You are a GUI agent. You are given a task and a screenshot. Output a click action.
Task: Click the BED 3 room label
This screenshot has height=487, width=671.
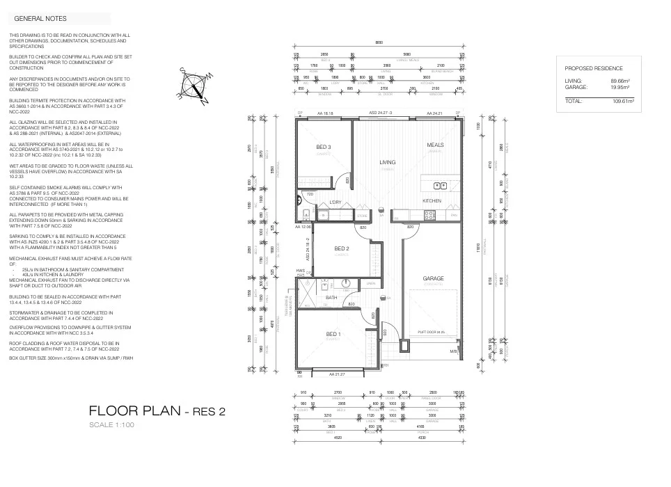pyautogui.click(x=324, y=147)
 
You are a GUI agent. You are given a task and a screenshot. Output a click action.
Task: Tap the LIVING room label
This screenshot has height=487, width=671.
pyautogui.click(x=387, y=163)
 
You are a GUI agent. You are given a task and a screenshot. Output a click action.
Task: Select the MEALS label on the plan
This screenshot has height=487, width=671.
pyautogui.click(x=436, y=145)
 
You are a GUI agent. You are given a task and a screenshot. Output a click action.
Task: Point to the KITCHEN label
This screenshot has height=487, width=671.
pyautogui.click(x=432, y=200)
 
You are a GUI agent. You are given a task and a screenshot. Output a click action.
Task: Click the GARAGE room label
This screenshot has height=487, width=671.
pyautogui.click(x=433, y=278)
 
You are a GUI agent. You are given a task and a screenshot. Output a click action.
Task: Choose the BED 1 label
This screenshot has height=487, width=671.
pyautogui.click(x=333, y=334)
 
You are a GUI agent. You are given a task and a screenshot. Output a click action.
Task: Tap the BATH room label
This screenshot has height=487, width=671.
pyautogui.click(x=331, y=298)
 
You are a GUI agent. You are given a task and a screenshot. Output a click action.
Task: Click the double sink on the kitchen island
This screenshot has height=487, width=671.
pyautogui.click(x=439, y=185)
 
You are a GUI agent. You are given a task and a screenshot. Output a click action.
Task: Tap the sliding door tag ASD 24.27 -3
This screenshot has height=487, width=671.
pyautogui.click(x=381, y=113)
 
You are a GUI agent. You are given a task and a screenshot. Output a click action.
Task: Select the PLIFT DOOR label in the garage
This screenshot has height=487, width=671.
pyautogui.click(x=430, y=333)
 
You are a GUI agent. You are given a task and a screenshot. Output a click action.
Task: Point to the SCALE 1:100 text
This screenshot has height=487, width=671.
pyautogui.click(x=112, y=425)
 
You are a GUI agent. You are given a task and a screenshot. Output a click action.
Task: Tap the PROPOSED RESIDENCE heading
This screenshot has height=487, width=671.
pyautogui.click(x=594, y=68)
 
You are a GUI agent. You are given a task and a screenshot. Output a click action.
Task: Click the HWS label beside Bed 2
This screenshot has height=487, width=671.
pyautogui.click(x=300, y=271)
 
